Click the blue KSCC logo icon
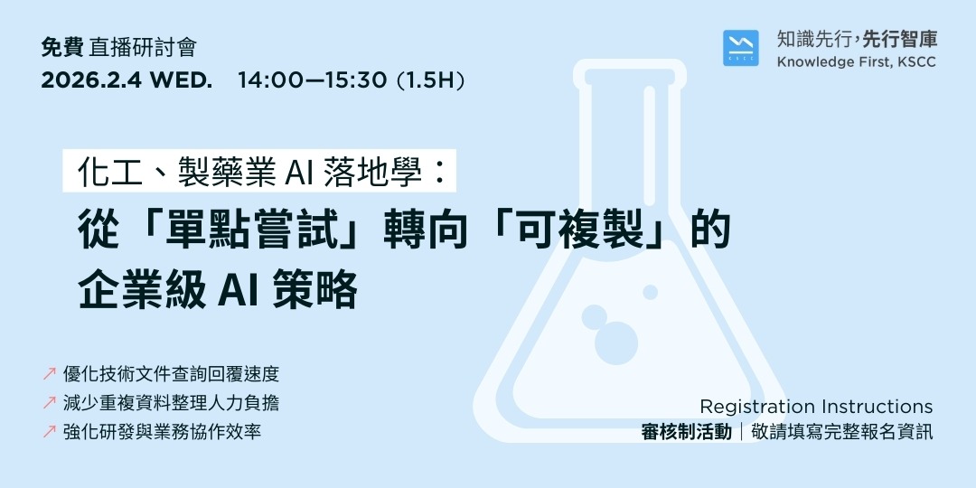(741, 48)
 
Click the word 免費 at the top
(62, 48)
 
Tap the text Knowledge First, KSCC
(857, 62)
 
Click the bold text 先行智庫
(900, 39)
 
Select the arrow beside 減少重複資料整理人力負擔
(50, 403)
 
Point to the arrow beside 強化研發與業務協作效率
(50, 432)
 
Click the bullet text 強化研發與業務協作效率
(163, 432)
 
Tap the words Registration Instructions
(816, 407)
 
